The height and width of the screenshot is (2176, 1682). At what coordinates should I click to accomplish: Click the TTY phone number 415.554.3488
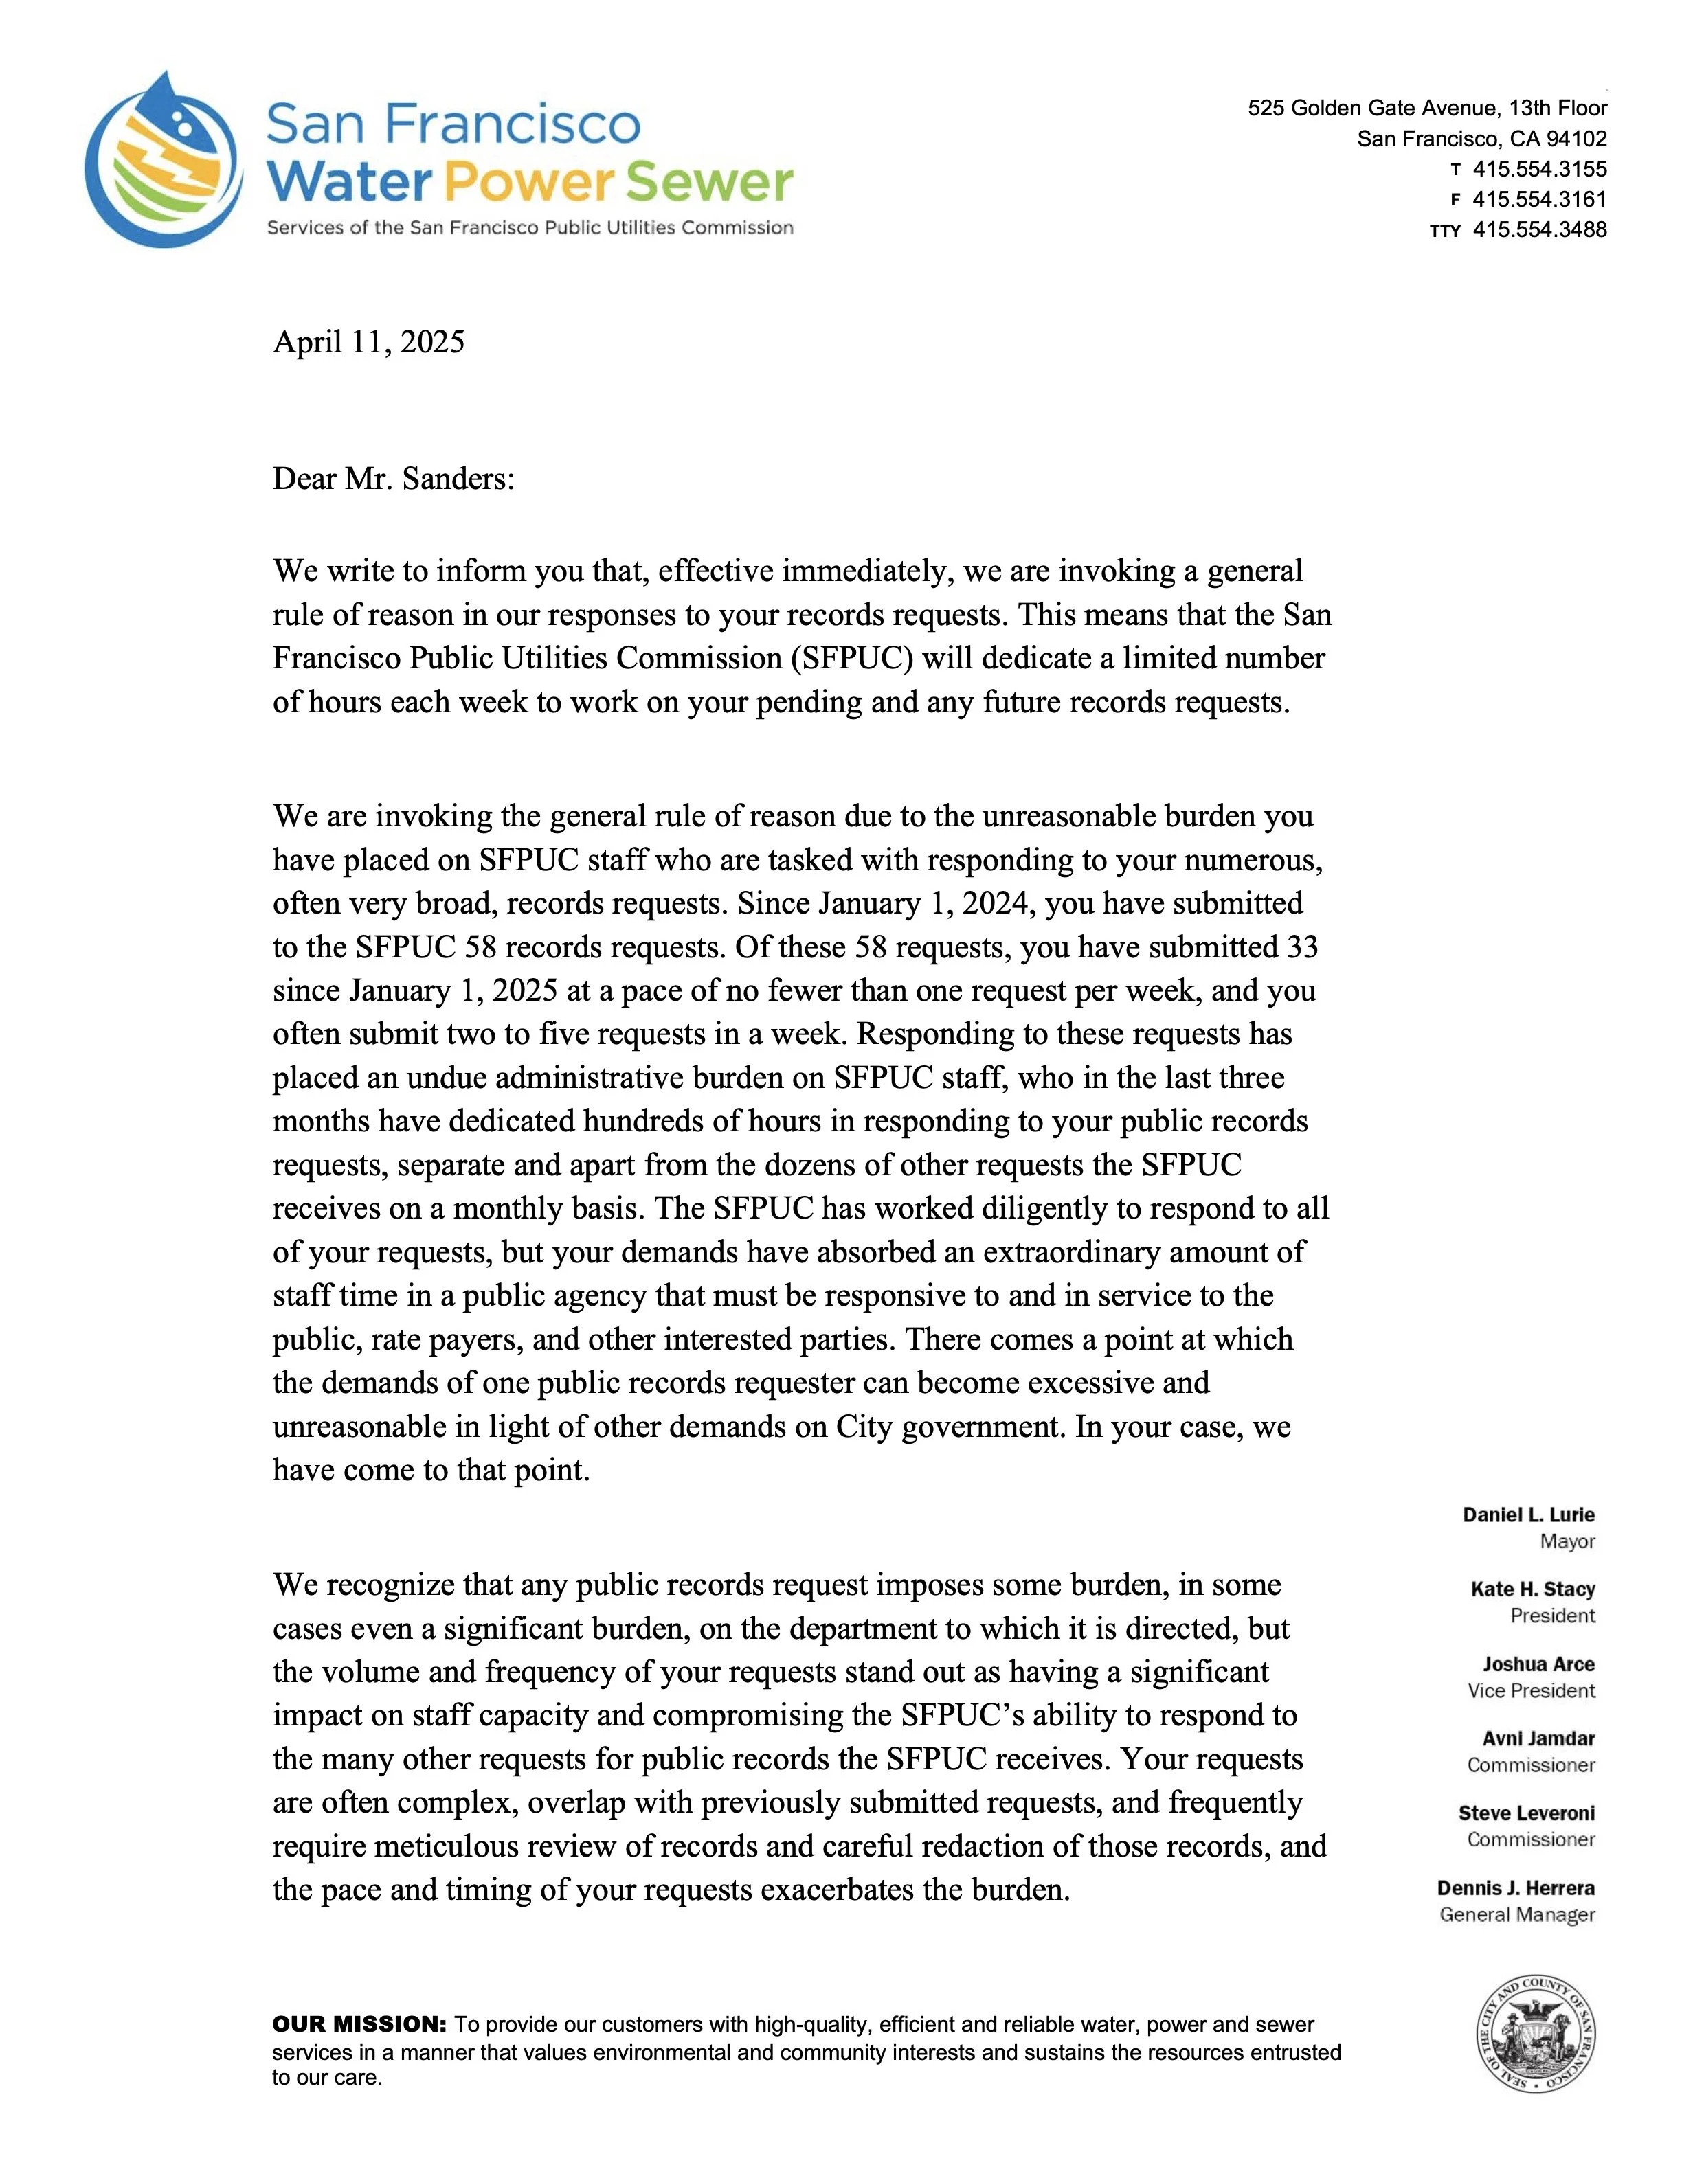click(x=1540, y=229)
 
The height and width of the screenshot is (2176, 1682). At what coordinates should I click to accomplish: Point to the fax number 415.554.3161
click(x=1540, y=199)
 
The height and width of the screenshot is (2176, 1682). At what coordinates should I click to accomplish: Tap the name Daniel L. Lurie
click(x=1529, y=1515)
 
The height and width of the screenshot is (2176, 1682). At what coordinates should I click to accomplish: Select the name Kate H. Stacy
click(x=1532, y=1590)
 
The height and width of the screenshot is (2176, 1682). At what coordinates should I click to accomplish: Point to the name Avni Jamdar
click(x=1538, y=1738)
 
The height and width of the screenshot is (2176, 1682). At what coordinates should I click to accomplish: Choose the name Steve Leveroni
click(x=1527, y=1813)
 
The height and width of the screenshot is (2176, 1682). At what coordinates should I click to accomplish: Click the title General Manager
click(x=1516, y=1915)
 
